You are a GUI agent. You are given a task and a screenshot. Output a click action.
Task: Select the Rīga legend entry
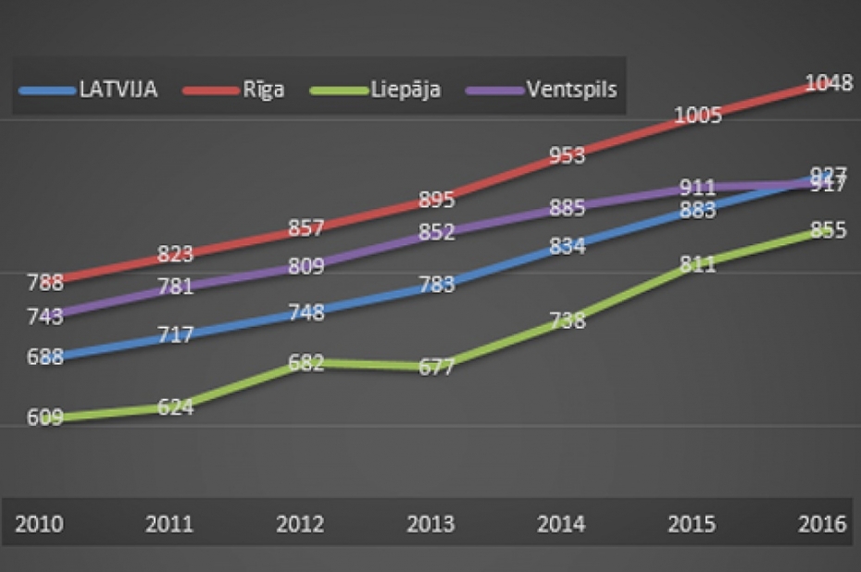pyautogui.click(x=237, y=90)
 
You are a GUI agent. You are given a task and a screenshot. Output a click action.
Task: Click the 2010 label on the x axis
pyautogui.click(x=39, y=524)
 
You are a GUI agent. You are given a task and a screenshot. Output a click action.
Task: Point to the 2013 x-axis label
pyautogui.click(x=430, y=524)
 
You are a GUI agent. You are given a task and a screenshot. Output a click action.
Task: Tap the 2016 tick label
pyautogui.click(x=821, y=524)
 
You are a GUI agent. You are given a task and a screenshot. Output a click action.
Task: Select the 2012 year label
pyautogui.click(x=300, y=524)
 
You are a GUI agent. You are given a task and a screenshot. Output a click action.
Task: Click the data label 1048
pyautogui.click(x=828, y=83)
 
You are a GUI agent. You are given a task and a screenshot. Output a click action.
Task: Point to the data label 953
pyautogui.click(x=567, y=155)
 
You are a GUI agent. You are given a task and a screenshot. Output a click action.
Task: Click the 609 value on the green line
pyautogui.click(x=44, y=417)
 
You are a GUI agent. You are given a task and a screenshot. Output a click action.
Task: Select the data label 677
pyautogui.click(x=436, y=367)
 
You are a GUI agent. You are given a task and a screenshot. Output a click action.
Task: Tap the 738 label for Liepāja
pyautogui.click(x=567, y=321)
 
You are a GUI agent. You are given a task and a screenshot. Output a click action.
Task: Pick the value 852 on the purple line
pyautogui.click(x=436, y=232)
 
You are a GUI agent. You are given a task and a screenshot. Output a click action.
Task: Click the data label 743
pyautogui.click(x=44, y=317)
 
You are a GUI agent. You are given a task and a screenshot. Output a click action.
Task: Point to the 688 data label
pyautogui.click(x=44, y=356)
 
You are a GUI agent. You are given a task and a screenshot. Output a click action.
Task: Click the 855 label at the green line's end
pyautogui.click(x=828, y=230)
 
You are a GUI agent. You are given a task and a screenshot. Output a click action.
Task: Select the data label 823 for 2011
pyautogui.click(x=175, y=254)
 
